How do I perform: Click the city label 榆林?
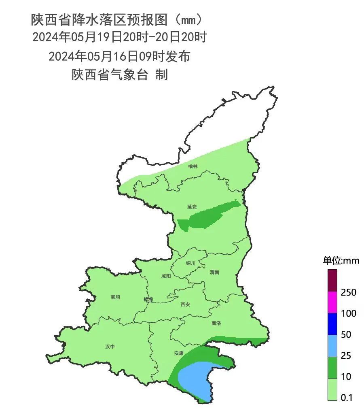click(193, 166)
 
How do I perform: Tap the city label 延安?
click(192, 206)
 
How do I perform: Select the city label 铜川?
click(190, 263)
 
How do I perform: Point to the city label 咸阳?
click(166, 276)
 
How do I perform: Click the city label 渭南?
click(214, 272)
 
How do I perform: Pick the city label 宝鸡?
click(115, 297)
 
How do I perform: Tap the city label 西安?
click(185, 304)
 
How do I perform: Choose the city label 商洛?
click(216, 323)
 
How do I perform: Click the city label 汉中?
click(110, 347)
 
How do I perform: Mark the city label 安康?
click(179, 353)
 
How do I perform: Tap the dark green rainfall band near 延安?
click(206, 217)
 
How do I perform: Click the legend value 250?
click(348, 292)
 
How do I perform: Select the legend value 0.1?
click(347, 398)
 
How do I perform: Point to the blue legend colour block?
click(332, 324)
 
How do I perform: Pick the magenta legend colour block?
click(332, 302)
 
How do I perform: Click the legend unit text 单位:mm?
click(341, 261)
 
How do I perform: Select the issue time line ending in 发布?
click(119, 56)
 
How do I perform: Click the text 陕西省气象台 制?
click(120, 75)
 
